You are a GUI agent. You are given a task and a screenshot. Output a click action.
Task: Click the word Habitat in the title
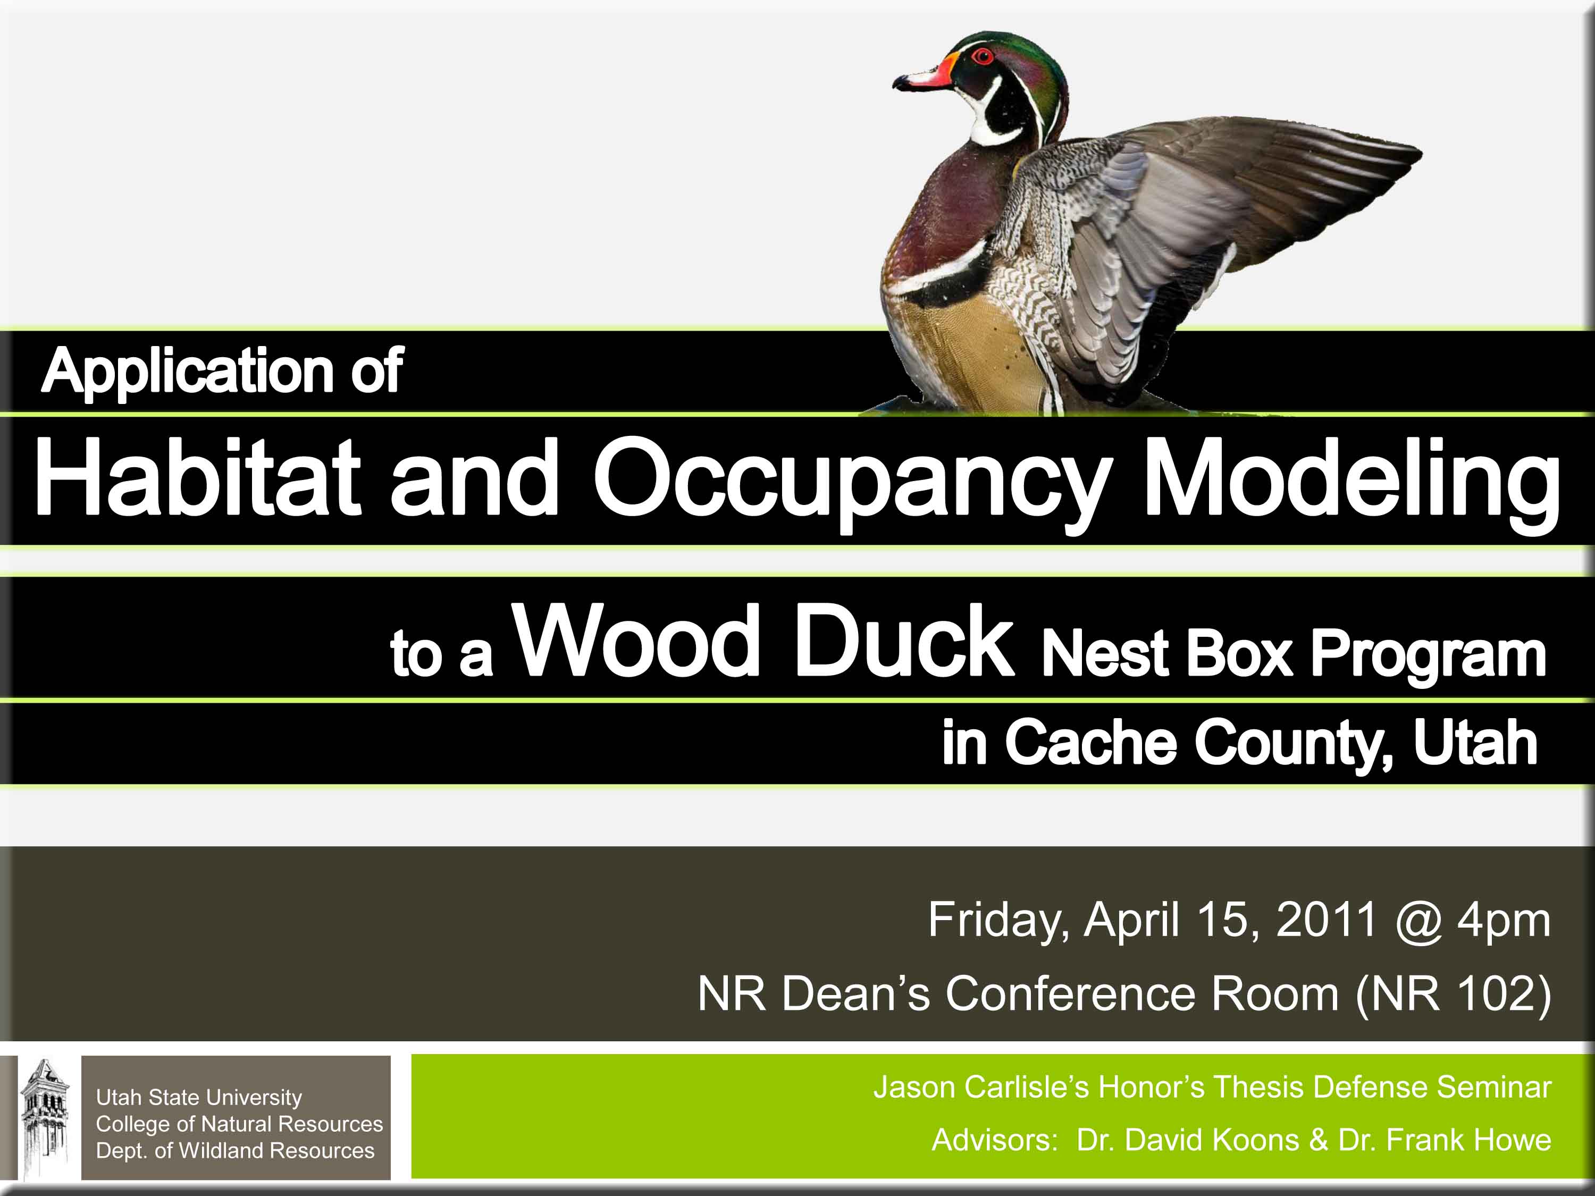tap(197, 478)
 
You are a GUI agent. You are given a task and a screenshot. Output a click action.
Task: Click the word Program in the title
tap(1428, 658)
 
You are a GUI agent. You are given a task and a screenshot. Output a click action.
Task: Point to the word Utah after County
tap(1475, 743)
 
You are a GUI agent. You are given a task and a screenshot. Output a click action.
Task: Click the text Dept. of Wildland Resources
tap(235, 1151)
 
